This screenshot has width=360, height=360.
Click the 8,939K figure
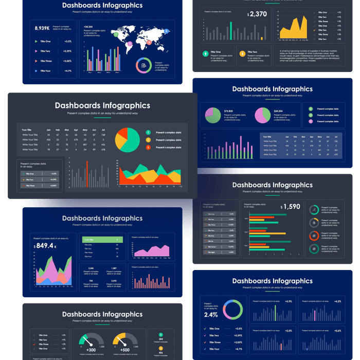[42, 28]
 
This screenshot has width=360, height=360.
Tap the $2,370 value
[257, 14]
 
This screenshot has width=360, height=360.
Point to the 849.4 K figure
[45, 246]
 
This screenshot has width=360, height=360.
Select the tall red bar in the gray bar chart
[87, 174]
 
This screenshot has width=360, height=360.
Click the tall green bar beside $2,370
[231, 30]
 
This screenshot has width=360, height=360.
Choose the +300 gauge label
[91, 350]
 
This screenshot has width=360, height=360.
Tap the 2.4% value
[211, 315]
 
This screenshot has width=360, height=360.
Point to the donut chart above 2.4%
[232, 310]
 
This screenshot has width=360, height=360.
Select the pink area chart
[152, 250]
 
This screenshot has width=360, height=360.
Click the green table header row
[103, 240]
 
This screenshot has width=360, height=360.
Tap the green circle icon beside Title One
[205, 52]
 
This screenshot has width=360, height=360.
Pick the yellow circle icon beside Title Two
[242, 52]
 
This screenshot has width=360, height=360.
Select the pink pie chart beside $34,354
[262, 115]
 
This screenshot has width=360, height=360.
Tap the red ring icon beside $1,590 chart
[314, 236]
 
